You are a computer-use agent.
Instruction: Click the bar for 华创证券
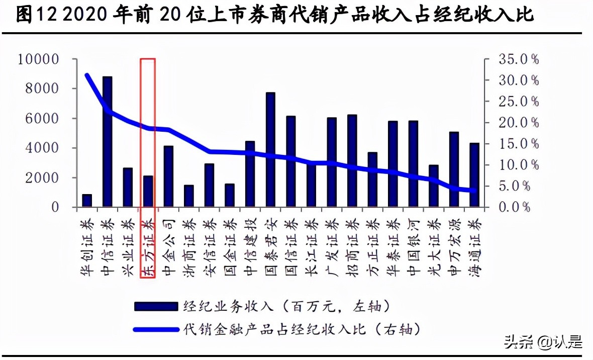(x=87, y=201)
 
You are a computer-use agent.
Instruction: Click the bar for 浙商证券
(x=188, y=196)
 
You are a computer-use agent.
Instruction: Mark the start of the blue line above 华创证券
(x=87, y=75)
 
